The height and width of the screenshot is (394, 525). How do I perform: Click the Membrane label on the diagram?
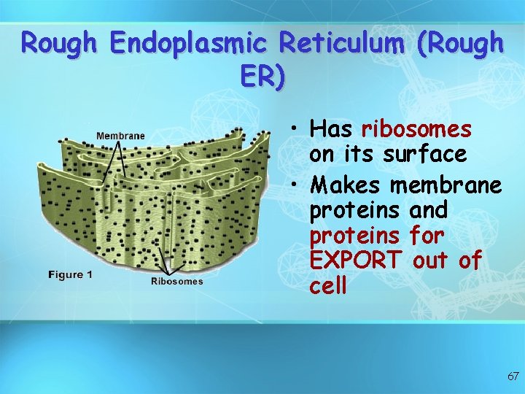pyautogui.click(x=120, y=135)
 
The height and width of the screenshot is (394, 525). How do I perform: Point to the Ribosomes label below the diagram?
pyautogui.click(x=177, y=281)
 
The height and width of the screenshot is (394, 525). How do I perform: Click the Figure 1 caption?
pyautogui.click(x=70, y=274)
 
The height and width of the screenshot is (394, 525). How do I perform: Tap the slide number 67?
pyautogui.click(x=513, y=376)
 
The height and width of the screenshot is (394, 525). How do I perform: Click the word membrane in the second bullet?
pyautogui.click(x=446, y=185)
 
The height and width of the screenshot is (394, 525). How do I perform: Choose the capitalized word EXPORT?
pyautogui.click(x=355, y=260)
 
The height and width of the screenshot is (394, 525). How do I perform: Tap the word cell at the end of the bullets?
pyautogui.click(x=328, y=285)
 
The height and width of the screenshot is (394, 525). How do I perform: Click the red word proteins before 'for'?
pyautogui.click(x=354, y=235)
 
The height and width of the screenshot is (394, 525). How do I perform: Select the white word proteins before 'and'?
pyautogui.click(x=354, y=210)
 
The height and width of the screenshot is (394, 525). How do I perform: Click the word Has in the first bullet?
pyautogui.click(x=331, y=129)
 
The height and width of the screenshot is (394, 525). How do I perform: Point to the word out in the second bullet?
pyautogui.click(x=430, y=260)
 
